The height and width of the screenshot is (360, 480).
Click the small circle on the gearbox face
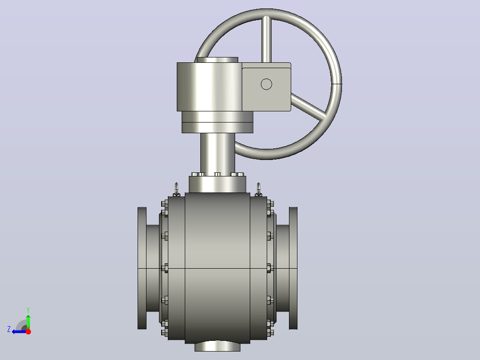[x=266, y=84]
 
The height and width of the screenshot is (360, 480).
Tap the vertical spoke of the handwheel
[x=266, y=39]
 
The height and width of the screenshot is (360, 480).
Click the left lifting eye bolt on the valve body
[x=176, y=189]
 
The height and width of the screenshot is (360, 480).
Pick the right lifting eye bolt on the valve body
[x=259, y=189]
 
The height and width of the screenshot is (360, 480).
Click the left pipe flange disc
[x=142, y=268]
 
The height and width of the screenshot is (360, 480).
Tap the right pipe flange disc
[x=293, y=268]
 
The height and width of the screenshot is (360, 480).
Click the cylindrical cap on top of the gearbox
[x=217, y=60]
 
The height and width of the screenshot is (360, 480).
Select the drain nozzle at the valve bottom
[x=217, y=347]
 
